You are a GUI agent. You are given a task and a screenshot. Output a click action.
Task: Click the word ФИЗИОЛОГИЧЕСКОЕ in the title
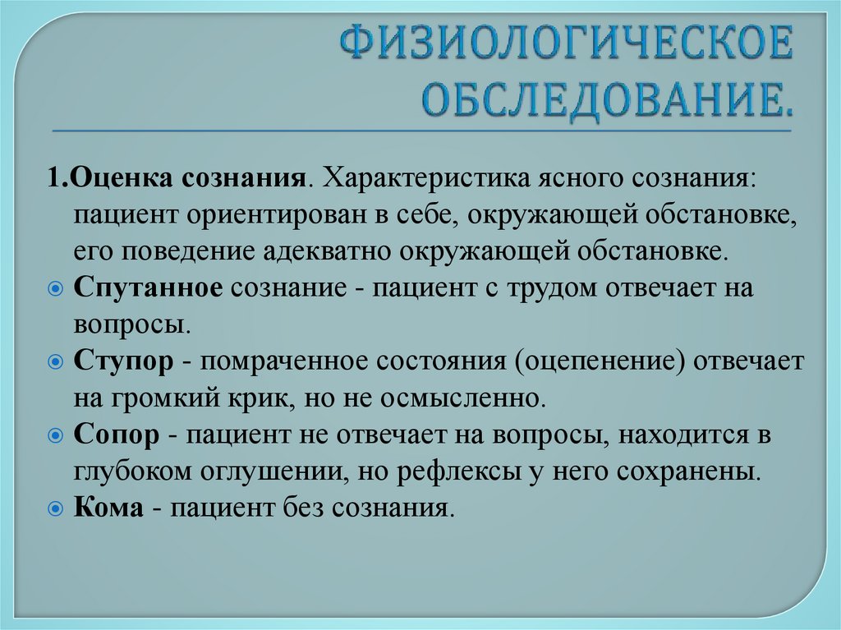568,46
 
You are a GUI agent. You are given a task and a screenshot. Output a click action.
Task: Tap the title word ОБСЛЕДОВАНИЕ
608,97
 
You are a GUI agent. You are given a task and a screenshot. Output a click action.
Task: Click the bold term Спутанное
148,288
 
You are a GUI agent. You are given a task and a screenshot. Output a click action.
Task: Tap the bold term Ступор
123,361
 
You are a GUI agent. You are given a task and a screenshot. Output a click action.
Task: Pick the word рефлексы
463,472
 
